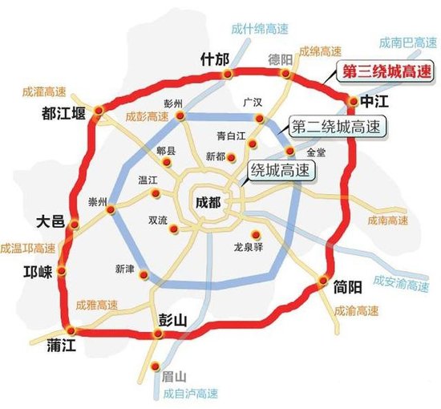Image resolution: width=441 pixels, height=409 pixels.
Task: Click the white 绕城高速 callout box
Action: point(279,170)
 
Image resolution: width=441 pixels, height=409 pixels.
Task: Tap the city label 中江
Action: point(374,102)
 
